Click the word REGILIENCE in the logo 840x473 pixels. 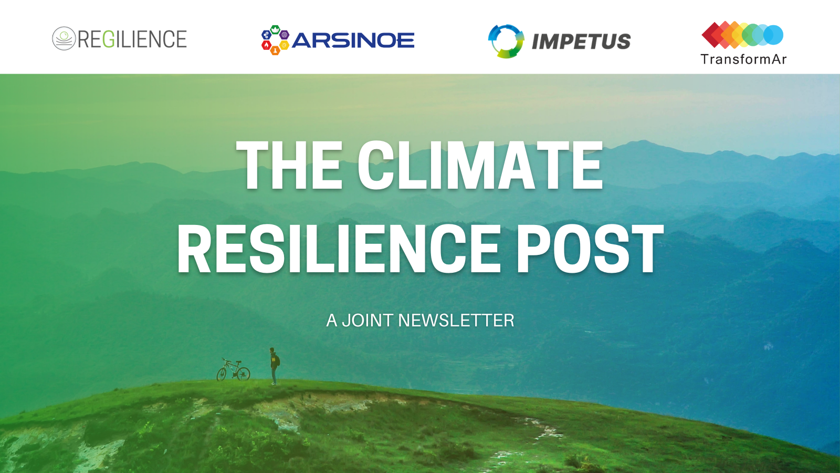pyautogui.click(x=132, y=39)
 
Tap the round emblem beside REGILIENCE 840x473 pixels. pyautogui.click(x=64, y=38)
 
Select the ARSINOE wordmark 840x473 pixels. pyautogui.click(x=353, y=40)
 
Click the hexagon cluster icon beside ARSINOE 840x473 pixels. pyautogui.click(x=275, y=40)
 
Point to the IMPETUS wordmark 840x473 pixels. pyautogui.click(x=581, y=42)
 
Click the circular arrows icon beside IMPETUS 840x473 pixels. pyautogui.click(x=506, y=42)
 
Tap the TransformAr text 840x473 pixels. pyautogui.click(x=743, y=59)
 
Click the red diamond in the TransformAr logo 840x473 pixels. pyautogui.click(x=712, y=35)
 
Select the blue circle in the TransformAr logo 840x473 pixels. pyautogui.click(x=773, y=35)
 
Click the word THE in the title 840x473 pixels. pyautogui.click(x=289, y=165)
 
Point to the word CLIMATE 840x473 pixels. pyautogui.click(x=480, y=165)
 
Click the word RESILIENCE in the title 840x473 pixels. pyautogui.click(x=339, y=249)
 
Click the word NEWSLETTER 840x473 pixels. pyautogui.click(x=456, y=321)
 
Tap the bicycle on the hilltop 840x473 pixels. pyautogui.click(x=233, y=369)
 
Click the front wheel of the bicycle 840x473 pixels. pyautogui.click(x=222, y=374)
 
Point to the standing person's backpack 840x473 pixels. pyautogui.click(x=278, y=361)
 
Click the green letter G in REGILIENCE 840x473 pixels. pyautogui.click(x=108, y=39)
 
